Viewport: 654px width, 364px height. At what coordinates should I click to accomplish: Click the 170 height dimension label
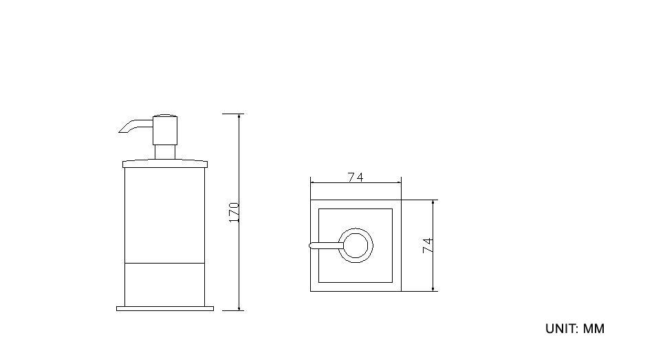point(234,213)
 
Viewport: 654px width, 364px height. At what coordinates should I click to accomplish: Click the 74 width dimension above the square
point(356,178)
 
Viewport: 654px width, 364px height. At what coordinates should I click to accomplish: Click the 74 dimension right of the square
point(428,246)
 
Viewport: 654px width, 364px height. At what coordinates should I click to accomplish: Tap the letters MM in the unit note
point(593,328)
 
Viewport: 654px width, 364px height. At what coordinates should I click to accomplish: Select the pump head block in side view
point(165,130)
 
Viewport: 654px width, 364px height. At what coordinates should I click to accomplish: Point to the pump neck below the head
point(165,152)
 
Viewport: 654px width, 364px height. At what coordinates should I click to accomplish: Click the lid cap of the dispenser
point(165,164)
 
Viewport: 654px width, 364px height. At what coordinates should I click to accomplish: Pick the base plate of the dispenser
point(165,309)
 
